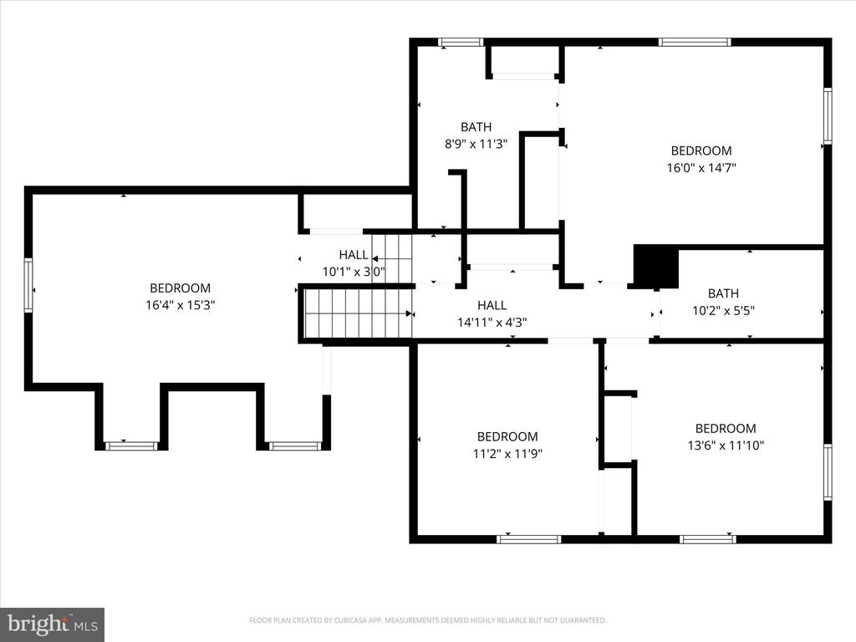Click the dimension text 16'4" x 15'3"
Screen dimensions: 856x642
[x=181, y=304]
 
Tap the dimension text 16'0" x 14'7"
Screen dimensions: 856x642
[x=701, y=167]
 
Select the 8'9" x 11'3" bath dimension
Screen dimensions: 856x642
[x=476, y=144]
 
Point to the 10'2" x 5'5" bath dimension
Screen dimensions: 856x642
[x=723, y=311]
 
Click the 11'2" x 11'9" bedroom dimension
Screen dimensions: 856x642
[x=507, y=454]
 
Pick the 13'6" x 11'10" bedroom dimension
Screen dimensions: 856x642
[x=726, y=446]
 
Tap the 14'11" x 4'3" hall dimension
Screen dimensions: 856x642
[x=492, y=323]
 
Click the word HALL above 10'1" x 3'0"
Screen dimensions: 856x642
[x=354, y=254]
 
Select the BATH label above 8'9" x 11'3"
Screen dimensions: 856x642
[x=476, y=127]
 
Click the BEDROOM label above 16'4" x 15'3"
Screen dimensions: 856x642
[x=181, y=288]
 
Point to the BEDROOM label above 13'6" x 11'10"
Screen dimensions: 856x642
[x=726, y=429]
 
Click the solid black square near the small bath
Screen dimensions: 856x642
[x=655, y=266]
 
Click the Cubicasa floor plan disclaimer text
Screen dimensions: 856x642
[x=427, y=620]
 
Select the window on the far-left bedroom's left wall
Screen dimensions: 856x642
[x=28, y=285]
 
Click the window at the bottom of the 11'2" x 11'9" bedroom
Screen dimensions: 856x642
[x=528, y=539]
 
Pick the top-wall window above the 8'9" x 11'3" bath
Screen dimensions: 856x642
[x=461, y=42]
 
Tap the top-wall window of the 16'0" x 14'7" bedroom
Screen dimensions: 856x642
[x=695, y=42]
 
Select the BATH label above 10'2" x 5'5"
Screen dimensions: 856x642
[x=723, y=293]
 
